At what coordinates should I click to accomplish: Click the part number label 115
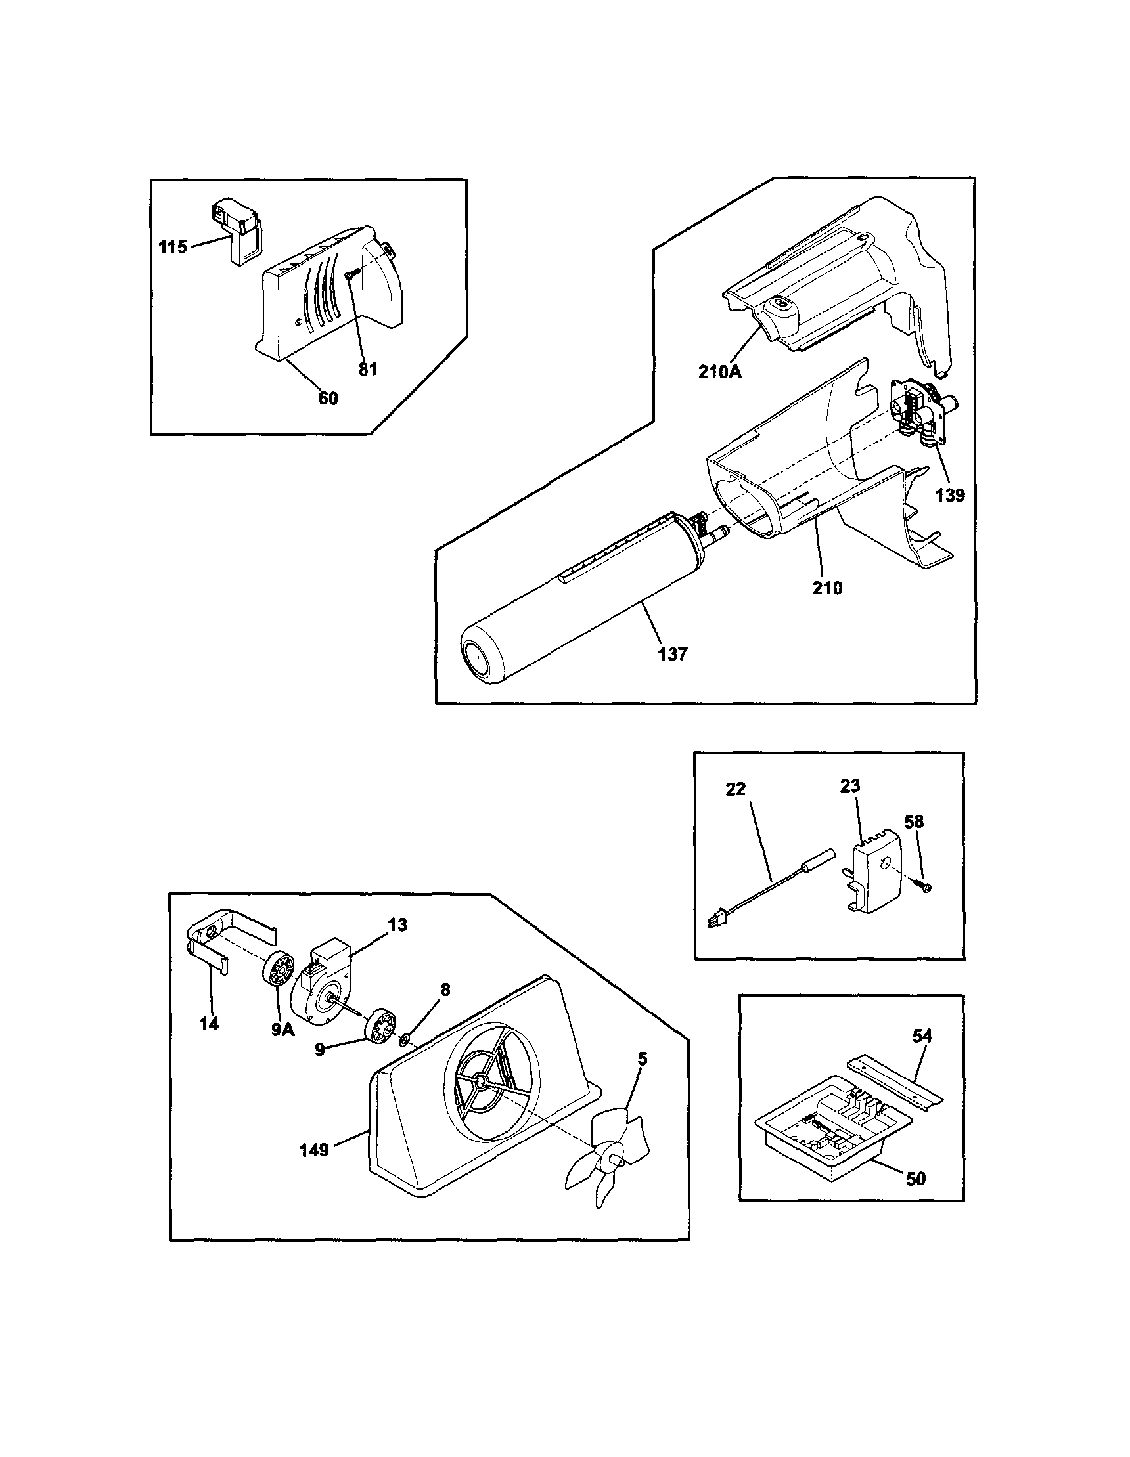click(172, 247)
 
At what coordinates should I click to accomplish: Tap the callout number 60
click(328, 399)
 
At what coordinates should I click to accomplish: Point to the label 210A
click(720, 372)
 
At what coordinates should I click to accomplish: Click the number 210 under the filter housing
click(827, 588)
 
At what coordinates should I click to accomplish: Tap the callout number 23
click(849, 786)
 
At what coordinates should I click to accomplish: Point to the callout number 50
click(916, 1179)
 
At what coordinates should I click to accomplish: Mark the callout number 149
click(313, 1150)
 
